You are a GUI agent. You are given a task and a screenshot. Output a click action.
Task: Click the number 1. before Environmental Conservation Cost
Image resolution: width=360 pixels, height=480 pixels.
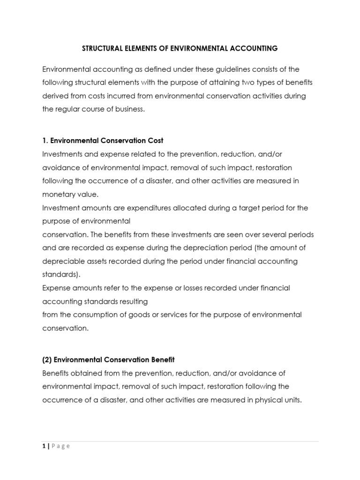(x=45, y=141)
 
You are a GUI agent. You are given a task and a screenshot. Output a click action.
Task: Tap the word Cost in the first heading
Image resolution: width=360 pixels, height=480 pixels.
(x=155, y=141)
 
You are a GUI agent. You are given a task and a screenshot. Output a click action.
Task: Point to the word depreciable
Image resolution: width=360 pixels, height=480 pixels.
(x=62, y=261)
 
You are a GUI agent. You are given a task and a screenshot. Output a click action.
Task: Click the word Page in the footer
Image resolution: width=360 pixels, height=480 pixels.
(x=60, y=446)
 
